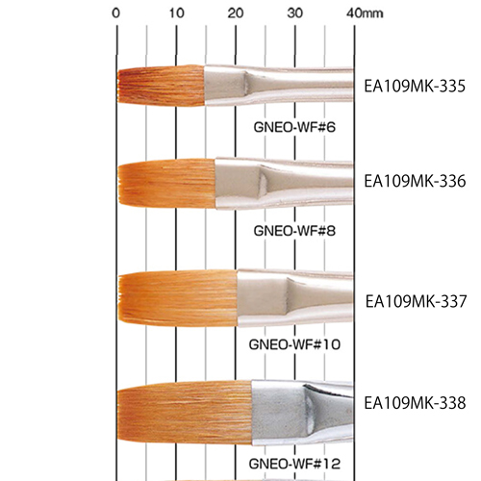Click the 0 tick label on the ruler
click(116, 13)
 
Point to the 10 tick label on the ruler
click(177, 13)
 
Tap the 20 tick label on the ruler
click(236, 13)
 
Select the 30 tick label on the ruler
click(295, 13)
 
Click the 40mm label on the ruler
click(365, 13)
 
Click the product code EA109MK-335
click(415, 87)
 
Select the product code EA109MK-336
click(415, 181)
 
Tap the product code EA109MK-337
click(416, 301)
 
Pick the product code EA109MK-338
click(415, 403)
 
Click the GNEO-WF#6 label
click(294, 127)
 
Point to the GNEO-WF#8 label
click(294, 231)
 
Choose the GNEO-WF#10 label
click(294, 344)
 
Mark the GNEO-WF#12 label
click(294, 464)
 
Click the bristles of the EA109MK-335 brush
click(161, 86)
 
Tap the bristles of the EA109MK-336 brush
click(166, 183)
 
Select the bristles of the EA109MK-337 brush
click(178, 298)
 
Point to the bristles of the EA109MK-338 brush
click(185, 413)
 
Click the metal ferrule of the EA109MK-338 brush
click(301, 413)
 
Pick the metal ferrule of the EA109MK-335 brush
click(278, 86)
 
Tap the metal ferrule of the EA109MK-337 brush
click(295, 298)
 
